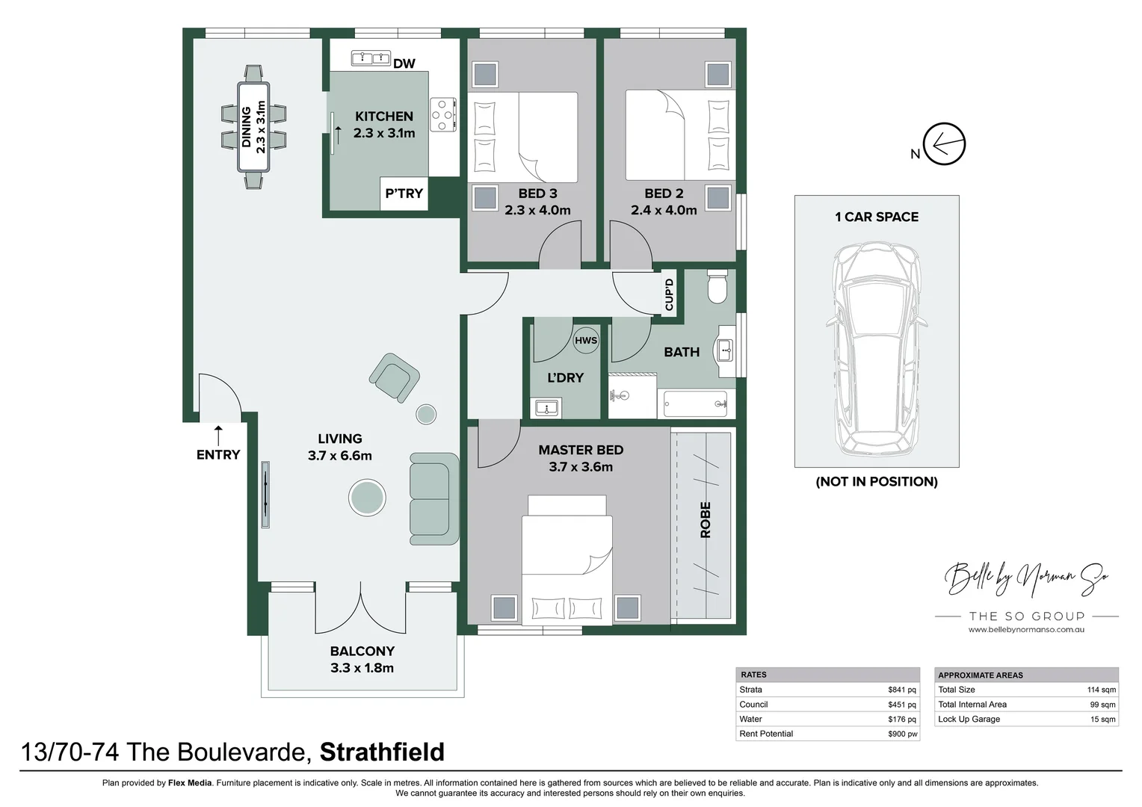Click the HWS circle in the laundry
click(586, 341)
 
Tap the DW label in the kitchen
click(404, 64)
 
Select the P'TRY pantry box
click(404, 194)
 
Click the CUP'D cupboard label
click(669, 294)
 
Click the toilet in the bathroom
click(717, 288)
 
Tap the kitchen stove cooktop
click(443, 115)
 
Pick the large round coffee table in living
click(368, 497)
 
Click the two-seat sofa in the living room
click(433, 498)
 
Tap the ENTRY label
click(218, 454)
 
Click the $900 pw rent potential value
click(902, 734)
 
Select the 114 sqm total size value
click(1101, 690)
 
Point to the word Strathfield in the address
click(382, 751)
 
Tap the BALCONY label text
click(362, 651)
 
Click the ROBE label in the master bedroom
click(705, 520)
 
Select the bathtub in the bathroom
click(695, 404)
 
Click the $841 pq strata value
click(901, 690)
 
